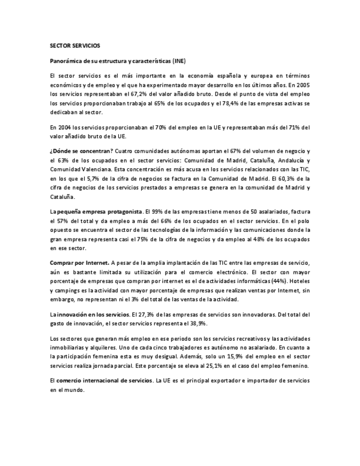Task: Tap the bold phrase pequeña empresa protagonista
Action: [98, 210]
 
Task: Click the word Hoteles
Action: [300, 281]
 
